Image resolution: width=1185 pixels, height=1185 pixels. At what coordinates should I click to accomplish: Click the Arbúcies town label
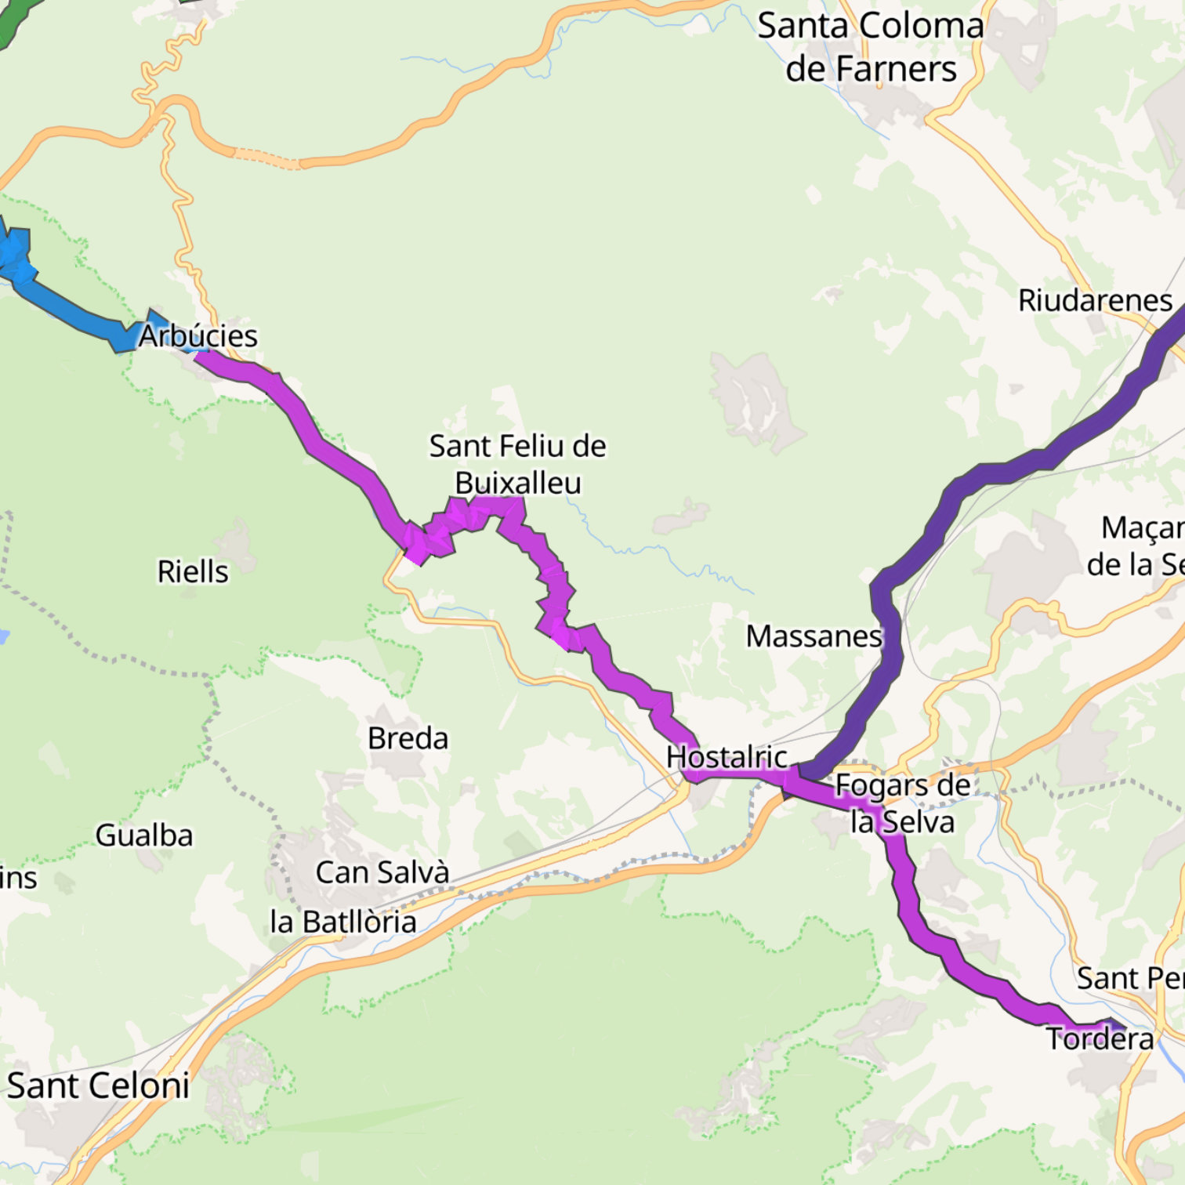point(198,335)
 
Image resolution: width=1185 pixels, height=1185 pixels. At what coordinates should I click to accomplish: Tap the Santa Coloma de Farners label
point(871,47)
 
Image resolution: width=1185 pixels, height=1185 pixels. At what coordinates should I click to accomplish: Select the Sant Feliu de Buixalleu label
point(518,464)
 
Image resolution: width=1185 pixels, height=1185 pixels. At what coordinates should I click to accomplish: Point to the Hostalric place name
point(727,757)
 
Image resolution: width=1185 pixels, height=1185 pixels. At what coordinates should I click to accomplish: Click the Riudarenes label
point(1095,300)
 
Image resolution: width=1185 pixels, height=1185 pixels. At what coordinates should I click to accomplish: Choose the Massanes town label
point(814,636)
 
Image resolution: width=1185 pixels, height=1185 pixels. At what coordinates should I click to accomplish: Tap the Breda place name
point(408,738)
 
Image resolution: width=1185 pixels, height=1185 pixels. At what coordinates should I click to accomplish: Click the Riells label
point(193,572)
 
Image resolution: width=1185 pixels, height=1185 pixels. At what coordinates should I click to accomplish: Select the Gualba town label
point(144,835)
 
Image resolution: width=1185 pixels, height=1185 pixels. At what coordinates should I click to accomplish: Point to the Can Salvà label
point(382,872)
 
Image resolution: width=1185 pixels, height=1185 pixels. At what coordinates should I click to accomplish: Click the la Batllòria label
point(343,922)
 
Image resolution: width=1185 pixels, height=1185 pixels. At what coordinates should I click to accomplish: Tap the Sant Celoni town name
point(98,1086)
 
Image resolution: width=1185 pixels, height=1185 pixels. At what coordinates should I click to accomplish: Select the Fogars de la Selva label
point(903,803)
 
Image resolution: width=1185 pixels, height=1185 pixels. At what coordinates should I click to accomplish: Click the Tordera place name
point(1100,1039)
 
